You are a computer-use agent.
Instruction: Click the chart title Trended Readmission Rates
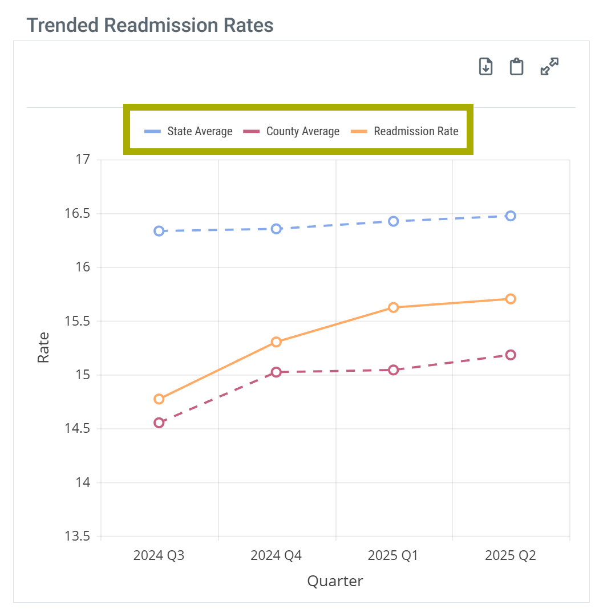[150, 26]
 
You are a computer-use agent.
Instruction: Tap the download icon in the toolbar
[485, 67]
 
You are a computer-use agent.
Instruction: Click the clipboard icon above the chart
[517, 67]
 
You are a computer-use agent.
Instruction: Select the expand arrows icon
[549, 67]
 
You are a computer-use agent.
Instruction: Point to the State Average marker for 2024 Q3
[159, 231]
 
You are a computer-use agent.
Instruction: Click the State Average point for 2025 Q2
[511, 216]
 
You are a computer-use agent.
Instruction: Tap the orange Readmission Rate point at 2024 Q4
[276, 342]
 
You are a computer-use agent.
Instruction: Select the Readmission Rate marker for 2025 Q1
[393, 307]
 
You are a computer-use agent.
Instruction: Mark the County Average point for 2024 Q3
[159, 423]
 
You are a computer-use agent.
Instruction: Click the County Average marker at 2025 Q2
[511, 355]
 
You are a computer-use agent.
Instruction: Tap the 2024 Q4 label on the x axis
[276, 555]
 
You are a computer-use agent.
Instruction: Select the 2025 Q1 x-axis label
[393, 555]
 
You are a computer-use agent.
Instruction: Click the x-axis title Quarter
[335, 581]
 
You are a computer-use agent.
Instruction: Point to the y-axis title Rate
[43, 347]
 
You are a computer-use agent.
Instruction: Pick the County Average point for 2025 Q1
[393, 370]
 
